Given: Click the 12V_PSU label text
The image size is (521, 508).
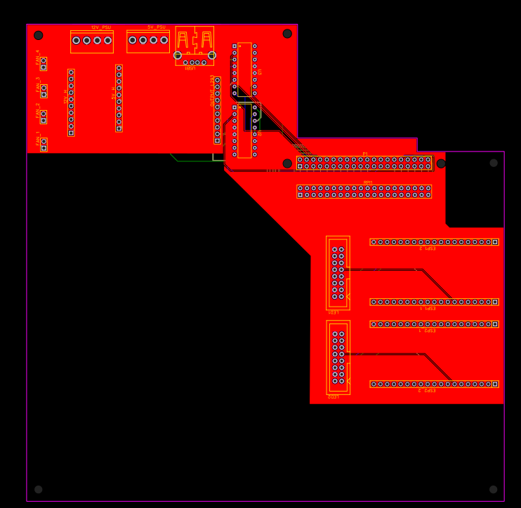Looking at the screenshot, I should pyautogui.click(x=100, y=27).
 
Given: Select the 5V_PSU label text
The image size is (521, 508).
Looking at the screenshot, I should pyautogui.click(x=156, y=27).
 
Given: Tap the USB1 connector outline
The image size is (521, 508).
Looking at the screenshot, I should pyautogui.click(x=194, y=45).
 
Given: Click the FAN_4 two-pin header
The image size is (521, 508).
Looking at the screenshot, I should pyautogui.click(x=44, y=64).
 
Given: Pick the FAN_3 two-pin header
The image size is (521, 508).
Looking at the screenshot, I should pyautogui.click(x=44, y=91).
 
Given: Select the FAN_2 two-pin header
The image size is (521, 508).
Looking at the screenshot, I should pyautogui.click(x=44, y=116).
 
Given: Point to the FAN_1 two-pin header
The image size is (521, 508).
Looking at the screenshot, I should pyautogui.click(x=44, y=144).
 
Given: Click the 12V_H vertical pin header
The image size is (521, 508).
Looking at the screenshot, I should pyautogui.click(x=71, y=102).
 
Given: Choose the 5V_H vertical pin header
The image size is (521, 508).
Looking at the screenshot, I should pyautogui.click(x=119, y=98).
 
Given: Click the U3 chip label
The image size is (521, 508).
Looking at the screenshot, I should pyautogui.click(x=260, y=72).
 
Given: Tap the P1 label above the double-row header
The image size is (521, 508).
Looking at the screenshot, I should pyautogui.click(x=365, y=154).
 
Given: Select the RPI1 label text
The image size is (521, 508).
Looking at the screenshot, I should pyautogui.click(x=368, y=182).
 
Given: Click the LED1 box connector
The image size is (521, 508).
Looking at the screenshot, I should pyautogui.click(x=338, y=273).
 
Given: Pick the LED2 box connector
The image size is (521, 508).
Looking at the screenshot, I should pyautogui.click(x=338, y=358).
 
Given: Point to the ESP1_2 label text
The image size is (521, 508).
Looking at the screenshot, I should pyautogui.click(x=427, y=248).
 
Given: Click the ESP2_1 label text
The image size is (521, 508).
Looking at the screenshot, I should pyautogui.click(x=427, y=330).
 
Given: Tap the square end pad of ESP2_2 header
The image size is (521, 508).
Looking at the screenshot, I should pyautogui.click(x=495, y=384).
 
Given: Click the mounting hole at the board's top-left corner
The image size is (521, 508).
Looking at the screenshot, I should pyautogui.click(x=39, y=35).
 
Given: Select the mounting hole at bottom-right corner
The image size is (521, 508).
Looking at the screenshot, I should pyautogui.click(x=493, y=489).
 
